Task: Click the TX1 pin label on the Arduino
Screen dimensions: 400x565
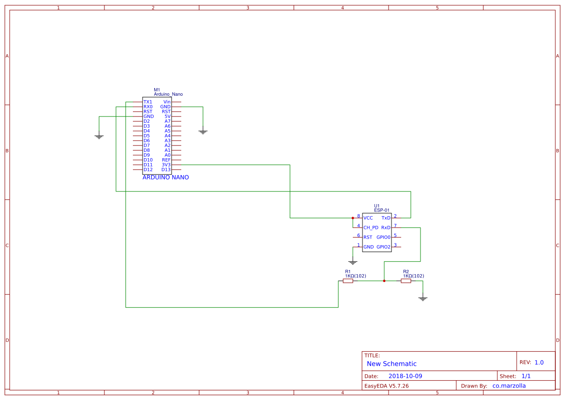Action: click(147, 102)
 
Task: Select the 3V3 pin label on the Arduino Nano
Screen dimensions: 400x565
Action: click(166, 165)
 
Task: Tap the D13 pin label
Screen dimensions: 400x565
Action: click(166, 170)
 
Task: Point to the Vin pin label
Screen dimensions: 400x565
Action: click(167, 102)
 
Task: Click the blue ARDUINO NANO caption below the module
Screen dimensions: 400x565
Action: click(166, 178)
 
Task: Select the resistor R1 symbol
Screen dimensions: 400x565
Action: click(348, 281)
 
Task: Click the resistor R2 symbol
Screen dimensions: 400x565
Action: click(406, 281)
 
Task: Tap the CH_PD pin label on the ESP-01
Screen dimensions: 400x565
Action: click(371, 227)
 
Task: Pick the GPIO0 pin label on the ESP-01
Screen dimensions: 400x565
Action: click(383, 237)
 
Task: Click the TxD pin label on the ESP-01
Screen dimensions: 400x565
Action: click(386, 218)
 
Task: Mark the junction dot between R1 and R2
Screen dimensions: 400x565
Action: click(384, 281)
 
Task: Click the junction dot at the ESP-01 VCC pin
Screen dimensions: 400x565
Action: click(353, 218)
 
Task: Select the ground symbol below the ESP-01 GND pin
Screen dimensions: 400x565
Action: click(353, 263)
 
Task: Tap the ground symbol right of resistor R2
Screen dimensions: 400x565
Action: click(423, 299)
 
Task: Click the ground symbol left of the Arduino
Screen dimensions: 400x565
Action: click(99, 137)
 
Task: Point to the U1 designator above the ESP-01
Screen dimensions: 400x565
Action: click(377, 206)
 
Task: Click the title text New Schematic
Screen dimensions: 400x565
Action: click(391, 364)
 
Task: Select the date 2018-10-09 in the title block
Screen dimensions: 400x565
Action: click(405, 376)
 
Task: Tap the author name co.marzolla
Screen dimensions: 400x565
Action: click(509, 386)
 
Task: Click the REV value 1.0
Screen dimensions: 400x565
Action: click(539, 362)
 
